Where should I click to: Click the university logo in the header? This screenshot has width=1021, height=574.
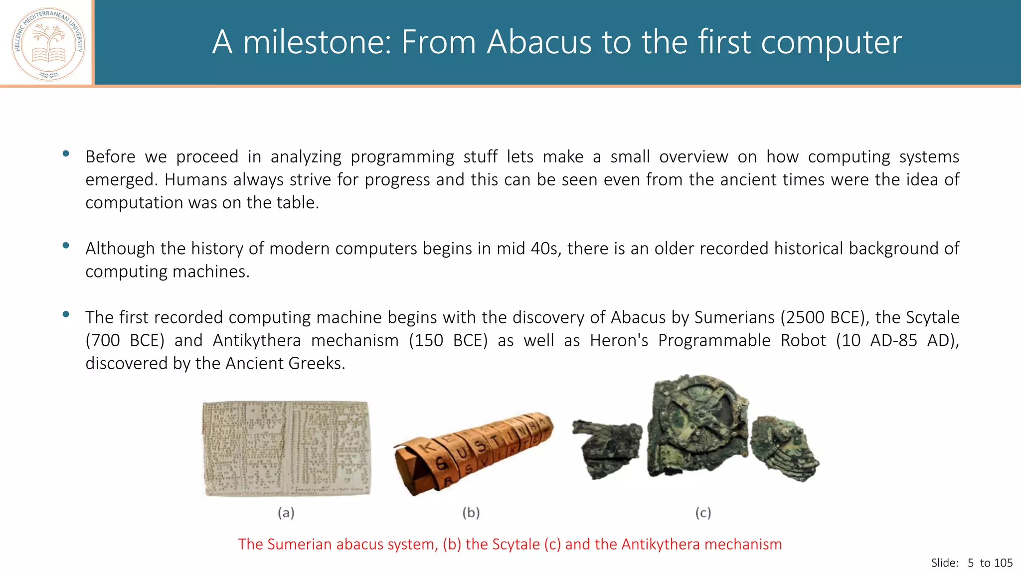tap(48, 44)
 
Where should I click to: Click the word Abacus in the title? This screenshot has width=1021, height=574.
tap(539, 42)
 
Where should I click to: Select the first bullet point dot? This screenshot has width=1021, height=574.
tap(66, 154)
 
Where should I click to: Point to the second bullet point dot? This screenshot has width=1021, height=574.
tap(66, 245)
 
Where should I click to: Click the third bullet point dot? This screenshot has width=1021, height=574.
tap(66, 314)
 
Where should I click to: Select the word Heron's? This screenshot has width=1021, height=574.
tap(619, 340)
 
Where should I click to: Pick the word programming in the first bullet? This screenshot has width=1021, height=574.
tap(402, 157)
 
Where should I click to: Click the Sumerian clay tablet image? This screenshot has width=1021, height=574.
tap(287, 448)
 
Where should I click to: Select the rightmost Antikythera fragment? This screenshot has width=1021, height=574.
tap(784, 448)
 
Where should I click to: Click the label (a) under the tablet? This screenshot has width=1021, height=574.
tap(286, 513)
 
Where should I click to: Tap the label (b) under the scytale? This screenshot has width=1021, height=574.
tap(471, 513)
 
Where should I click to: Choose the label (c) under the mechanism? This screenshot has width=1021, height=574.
tap(703, 513)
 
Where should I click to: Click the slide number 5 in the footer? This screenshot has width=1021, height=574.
tap(970, 563)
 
